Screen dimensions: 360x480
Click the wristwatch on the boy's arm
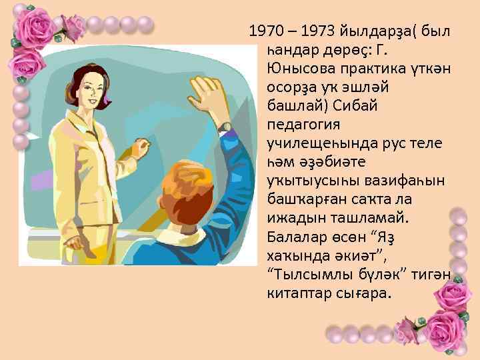click(x=225, y=126)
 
